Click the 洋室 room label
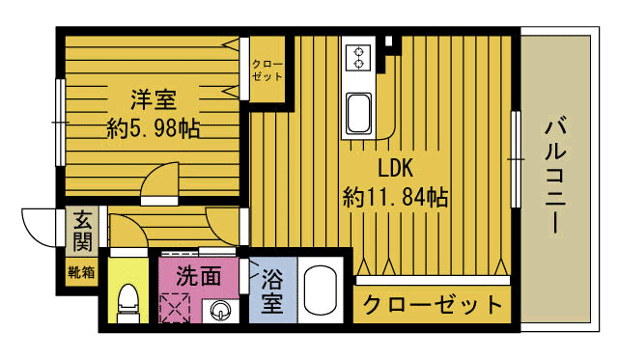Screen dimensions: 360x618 click(154, 98)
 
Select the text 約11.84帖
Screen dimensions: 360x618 click(395, 198)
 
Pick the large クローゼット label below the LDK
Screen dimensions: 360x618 click(433, 306)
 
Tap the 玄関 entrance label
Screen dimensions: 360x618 click(81, 232)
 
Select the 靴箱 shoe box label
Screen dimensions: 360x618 click(81, 271)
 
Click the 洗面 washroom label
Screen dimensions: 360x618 click(199, 276)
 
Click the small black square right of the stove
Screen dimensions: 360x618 click(389, 42)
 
